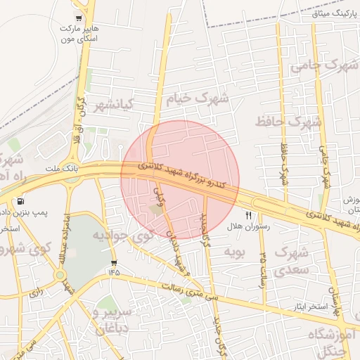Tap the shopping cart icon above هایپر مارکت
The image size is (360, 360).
pyautogui.click(x=77, y=19)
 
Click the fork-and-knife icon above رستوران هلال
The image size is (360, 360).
pyautogui.click(x=247, y=215)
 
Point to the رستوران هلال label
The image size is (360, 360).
pyautogui.click(x=244, y=227)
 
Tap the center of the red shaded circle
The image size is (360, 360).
pyautogui.click(x=180, y=179)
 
